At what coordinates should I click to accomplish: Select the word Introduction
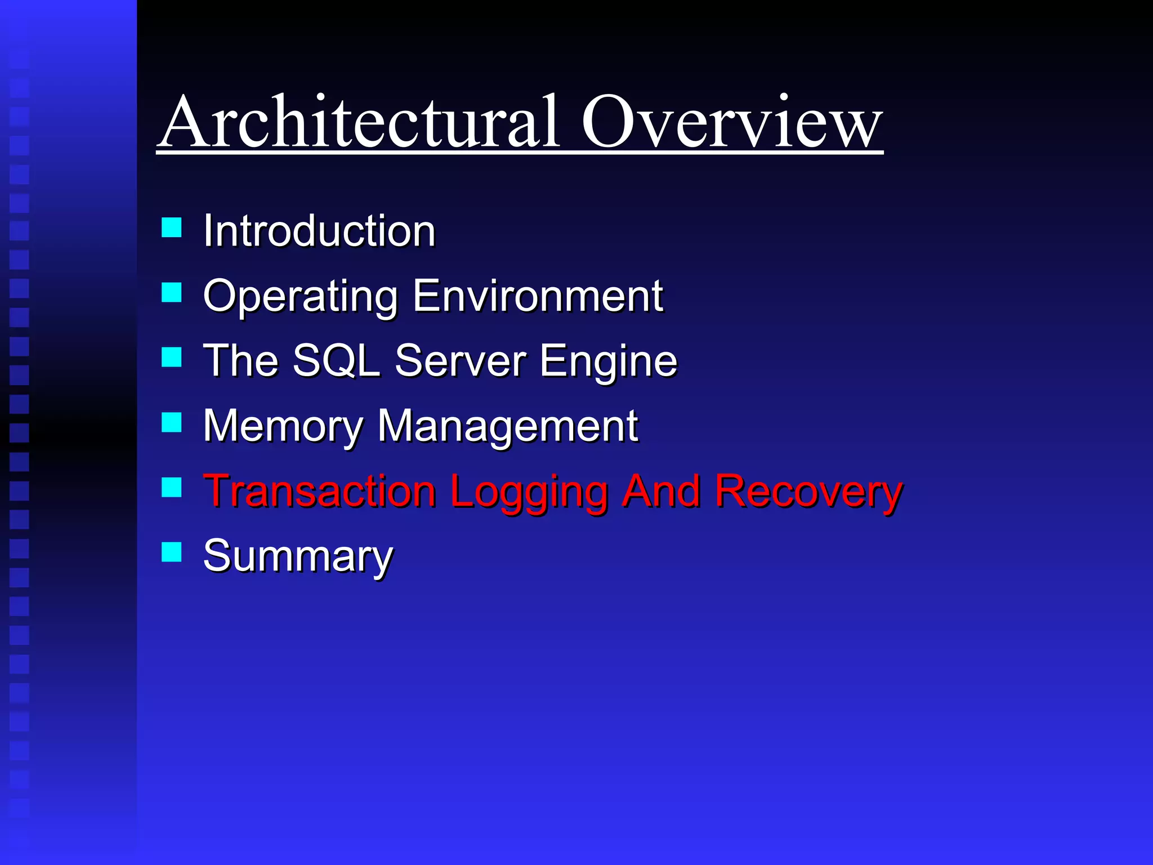point(319,231)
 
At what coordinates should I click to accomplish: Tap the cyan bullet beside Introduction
point(171,228)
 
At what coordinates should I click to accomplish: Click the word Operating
point(301,296)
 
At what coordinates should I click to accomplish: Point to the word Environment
point(538,295)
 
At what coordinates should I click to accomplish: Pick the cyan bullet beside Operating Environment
point(171,293)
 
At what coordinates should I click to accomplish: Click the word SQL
point(336,360)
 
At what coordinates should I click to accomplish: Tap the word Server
point(461,360)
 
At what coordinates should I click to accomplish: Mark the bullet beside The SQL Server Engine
point(171,358)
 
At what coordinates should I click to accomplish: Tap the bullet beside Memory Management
point(171,422)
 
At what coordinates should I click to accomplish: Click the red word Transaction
point(319,491)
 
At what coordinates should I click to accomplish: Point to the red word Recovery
point(808,492)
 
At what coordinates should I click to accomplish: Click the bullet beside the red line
point(171,488)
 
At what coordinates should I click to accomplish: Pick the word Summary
point(298,556)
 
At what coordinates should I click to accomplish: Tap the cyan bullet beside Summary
point(171,552)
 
